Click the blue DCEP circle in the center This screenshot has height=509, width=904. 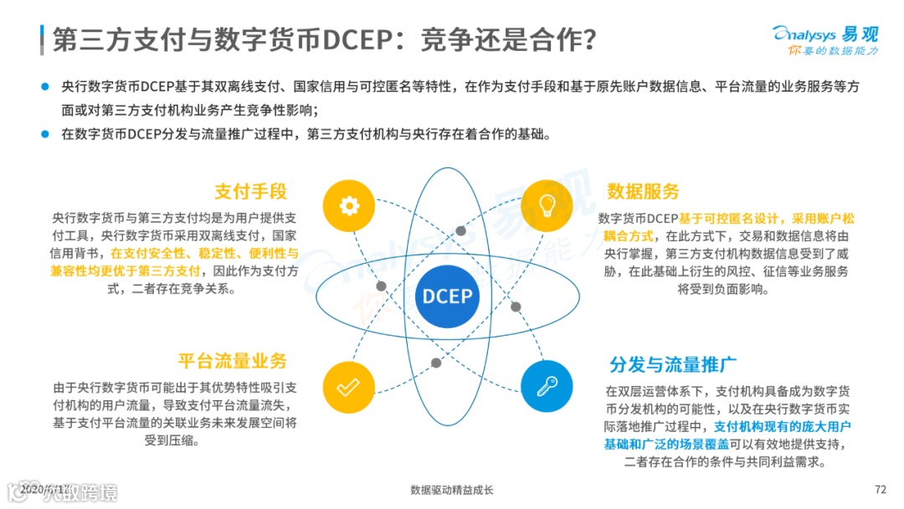(x=447, y=296)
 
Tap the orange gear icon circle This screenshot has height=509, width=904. (x=348, y=205)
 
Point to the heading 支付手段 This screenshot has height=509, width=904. (x=250, y=191)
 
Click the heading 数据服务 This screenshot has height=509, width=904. (x=643, y=191)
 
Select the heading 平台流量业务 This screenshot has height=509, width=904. (x=232, y=361)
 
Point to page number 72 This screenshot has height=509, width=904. (x=880, y=490)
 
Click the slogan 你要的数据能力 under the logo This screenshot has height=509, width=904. (x=832, y=52)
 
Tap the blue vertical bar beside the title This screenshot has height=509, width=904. (x=42, y=39)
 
